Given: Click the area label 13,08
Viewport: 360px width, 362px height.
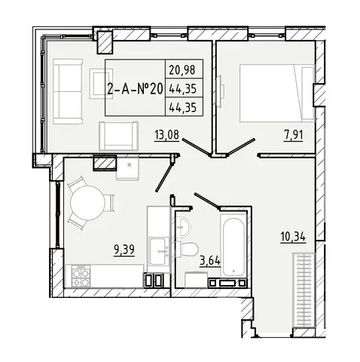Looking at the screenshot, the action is point(167,135).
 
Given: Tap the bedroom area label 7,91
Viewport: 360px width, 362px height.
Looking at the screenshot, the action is point(293,136).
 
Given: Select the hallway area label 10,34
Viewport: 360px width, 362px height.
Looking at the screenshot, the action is point(293,237).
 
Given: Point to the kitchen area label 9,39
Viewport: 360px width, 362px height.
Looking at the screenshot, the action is point(124,250).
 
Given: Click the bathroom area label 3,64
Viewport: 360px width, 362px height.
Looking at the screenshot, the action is point(210,262).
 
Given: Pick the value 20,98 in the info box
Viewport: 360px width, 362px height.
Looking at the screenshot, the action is point(182,69).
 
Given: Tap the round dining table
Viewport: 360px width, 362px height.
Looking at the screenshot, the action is point(87,203).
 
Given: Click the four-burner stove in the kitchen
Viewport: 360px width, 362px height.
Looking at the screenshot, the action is point(81,277).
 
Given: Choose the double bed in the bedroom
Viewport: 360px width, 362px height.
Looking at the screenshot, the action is point(277,94).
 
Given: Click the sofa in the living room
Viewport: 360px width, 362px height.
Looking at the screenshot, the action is point(68,91).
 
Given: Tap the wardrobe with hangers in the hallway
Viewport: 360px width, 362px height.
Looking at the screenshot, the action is point(304,290).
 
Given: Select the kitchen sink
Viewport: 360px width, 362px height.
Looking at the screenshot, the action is point(159,251).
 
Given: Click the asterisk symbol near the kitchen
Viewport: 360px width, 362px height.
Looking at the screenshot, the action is point(130,165).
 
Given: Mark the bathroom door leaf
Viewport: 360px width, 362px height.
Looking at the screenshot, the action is point(207,201).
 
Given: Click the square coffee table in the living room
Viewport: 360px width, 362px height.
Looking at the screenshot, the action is point(101,84).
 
